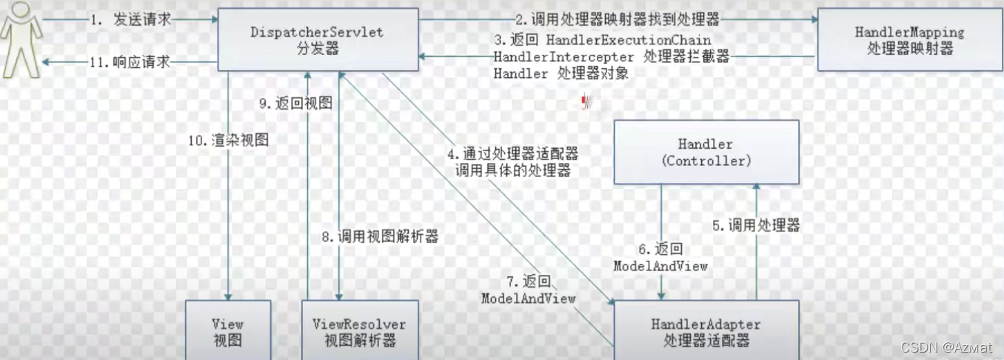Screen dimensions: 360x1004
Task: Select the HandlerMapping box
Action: (909, 41)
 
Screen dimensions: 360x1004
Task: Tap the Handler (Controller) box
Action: (705, 152)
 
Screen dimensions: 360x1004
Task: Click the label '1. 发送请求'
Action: (130, 20)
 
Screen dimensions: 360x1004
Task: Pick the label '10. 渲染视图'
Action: (227, 139)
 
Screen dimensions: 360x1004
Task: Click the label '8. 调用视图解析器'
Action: (379, 237)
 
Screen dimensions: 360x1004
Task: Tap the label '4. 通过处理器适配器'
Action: (512, 153)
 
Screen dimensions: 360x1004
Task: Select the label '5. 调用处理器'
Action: (755, 226)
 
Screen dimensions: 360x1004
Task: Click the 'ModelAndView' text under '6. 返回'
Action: (660, 265)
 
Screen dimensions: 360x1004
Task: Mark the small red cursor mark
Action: (586, 101)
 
